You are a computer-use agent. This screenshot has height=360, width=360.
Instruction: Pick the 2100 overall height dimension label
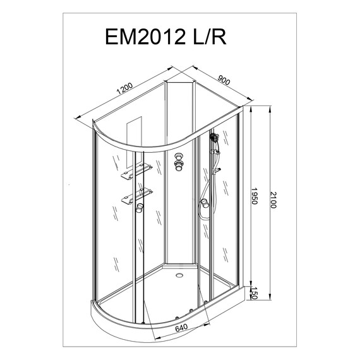tap(273, 201)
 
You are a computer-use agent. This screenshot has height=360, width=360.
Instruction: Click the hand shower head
tap(214, 137)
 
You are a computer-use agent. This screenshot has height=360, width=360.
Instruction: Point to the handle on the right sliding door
tap(205, 203)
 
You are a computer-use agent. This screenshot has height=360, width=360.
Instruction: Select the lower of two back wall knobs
tap(179, 167)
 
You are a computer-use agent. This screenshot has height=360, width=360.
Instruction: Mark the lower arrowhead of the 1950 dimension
tap(251, 284)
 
